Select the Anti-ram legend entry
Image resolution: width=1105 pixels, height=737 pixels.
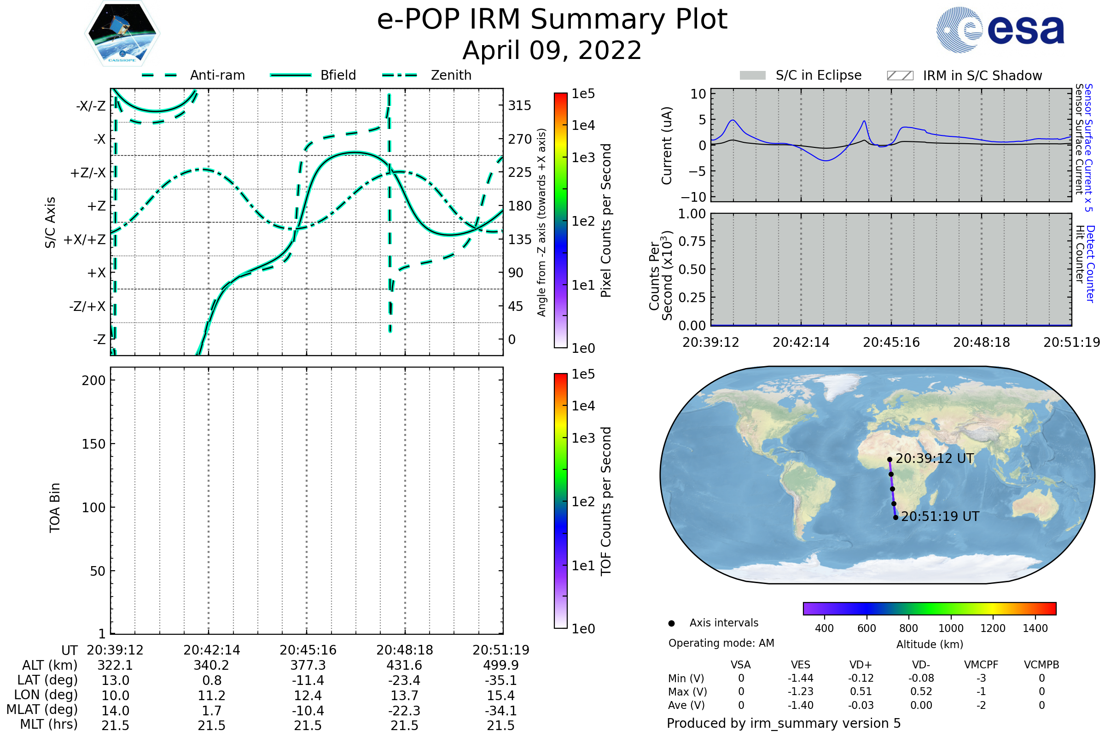tap(217, 75)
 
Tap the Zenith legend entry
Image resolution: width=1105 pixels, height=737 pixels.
tap(451, 75)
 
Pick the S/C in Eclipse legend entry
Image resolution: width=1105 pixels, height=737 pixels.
tap(818, 75)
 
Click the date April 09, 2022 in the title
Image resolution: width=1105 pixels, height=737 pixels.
tap(552, 50)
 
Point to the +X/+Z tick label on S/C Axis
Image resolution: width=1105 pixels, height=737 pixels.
tap(85, 240)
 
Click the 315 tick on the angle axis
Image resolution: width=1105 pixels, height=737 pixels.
tap(519, 105)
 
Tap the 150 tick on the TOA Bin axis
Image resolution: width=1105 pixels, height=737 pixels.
tap(93, 444)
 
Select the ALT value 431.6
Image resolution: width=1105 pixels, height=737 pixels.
tap(404, 665)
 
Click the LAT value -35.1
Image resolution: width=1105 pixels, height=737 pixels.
tap(501, 680)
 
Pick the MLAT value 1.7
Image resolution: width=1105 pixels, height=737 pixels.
tap(211, 710)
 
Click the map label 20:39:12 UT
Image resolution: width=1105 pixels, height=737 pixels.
tap(935, 458)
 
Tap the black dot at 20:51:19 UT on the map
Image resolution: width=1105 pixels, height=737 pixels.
tap(896, 517)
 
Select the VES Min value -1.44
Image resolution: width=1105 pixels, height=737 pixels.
tap(800, 678)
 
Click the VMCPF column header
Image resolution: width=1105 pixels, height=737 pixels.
tap(981, 665)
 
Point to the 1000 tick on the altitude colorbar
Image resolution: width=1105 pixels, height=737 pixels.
tap(950, 628)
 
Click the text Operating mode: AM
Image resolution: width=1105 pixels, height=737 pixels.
tap(721, 643)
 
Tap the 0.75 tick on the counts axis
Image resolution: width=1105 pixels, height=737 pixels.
tap(692, 241)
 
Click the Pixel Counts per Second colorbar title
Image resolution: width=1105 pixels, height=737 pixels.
tap(606, 220)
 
